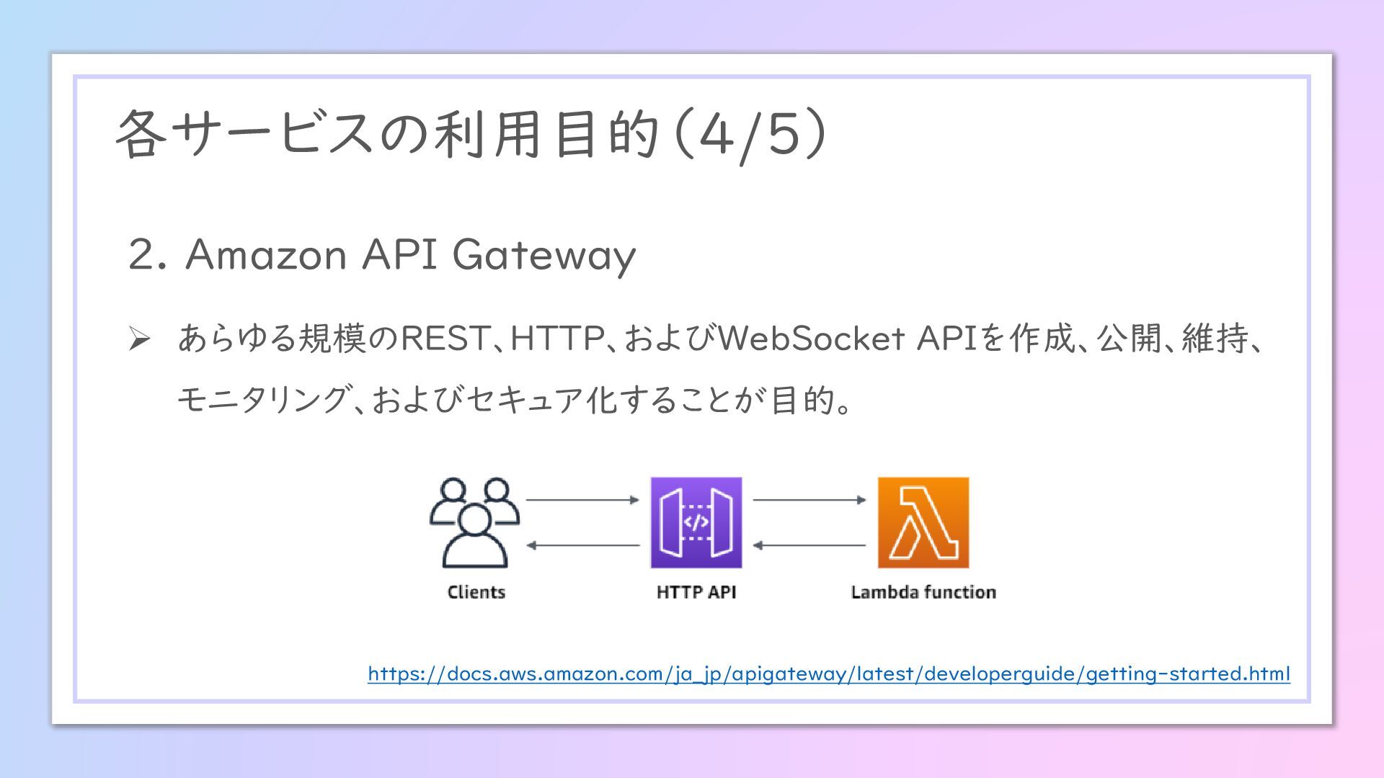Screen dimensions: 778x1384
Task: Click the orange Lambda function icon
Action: [x=923, y=522]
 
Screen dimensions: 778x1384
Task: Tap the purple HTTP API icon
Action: [x=696, y=522]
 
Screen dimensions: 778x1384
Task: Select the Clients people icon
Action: [x=474, y=522]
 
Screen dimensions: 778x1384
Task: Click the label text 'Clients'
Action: [x=476, y=592]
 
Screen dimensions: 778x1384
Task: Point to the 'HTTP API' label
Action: [x=696, y=592]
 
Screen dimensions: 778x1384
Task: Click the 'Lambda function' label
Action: [x=923, y=592]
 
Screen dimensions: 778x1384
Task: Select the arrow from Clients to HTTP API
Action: [x=582, y=499]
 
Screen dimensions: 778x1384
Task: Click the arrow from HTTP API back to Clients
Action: [x=582, y=545]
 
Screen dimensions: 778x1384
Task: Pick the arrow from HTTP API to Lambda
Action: [x=809, y=499]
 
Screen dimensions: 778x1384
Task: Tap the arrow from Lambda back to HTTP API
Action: [x=809, y=545]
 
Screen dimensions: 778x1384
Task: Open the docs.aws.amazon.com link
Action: [x=828, y=674]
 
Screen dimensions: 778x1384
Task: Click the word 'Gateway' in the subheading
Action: [x=544, y=255]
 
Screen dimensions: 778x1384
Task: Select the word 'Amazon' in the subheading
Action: [x=266, y=255]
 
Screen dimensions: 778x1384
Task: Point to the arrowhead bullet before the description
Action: [x=139, y=338]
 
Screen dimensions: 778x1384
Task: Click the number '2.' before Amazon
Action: [x=147, y=255]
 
